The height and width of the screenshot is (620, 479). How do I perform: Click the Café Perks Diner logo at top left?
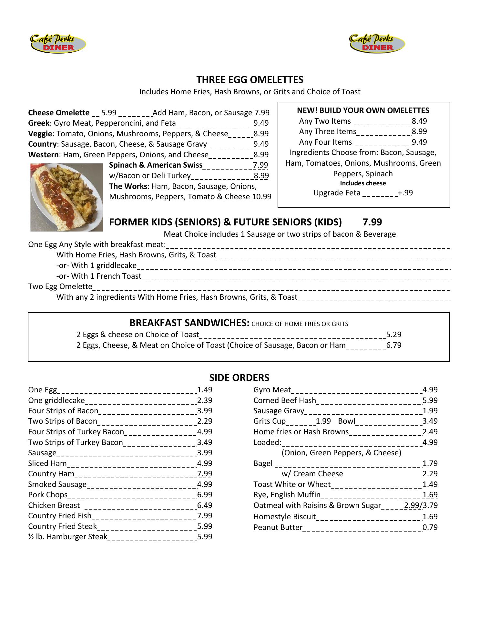pos(58,44)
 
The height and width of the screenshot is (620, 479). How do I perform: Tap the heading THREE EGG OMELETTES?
pos(250,79)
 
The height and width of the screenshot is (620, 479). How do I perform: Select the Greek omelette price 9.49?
pos(261,123)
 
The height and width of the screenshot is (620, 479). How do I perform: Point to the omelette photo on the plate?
pos(66,197)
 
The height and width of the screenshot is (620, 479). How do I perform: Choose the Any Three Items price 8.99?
pos(419,131)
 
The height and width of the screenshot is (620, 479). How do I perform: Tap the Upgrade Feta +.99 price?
pos(405,193)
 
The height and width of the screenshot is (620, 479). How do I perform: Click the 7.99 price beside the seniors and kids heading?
pos(372,222)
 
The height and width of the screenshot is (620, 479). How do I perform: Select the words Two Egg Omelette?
pos(60,286)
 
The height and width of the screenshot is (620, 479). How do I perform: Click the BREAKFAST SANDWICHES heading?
pos(189,323)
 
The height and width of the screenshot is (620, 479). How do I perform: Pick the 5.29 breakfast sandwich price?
pos(394,335)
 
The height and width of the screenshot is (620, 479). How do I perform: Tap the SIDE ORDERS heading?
pos(239,377)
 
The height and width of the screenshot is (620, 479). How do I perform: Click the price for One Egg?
pos(205,390)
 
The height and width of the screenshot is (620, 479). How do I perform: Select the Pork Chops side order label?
pos(48,495)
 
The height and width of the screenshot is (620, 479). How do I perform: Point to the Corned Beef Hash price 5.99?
pos(430,400)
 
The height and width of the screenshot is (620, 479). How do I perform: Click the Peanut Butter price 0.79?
pos(430,527)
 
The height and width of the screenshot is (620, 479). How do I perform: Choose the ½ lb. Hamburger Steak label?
pos(67,537)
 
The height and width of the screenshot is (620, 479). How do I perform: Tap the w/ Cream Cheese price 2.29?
pos(430,474)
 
